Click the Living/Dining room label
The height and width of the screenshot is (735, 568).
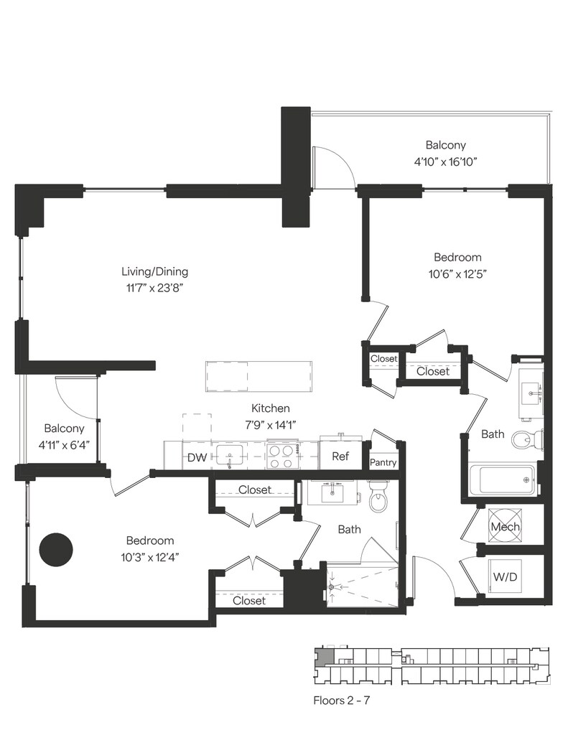[155, 271]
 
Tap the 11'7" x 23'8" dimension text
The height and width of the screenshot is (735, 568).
[154, 288]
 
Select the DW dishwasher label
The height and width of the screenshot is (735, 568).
[197, 457]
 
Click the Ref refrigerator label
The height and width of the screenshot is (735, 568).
[340, 456]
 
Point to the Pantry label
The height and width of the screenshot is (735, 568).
[383, 463]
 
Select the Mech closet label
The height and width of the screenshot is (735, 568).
[505, 527]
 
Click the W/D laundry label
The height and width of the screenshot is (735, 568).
[505, 576]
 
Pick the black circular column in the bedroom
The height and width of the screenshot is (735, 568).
[56, 550]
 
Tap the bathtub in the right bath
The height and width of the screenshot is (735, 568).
[502, 479]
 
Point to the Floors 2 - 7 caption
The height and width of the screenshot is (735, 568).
[342, 701]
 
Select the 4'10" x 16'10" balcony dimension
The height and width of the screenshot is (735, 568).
[445, 162]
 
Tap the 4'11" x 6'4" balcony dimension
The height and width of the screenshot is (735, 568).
[64, 444]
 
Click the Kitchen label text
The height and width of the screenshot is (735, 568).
[270, 408]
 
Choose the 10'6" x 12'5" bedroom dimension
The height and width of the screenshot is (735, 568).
[457, 273]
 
